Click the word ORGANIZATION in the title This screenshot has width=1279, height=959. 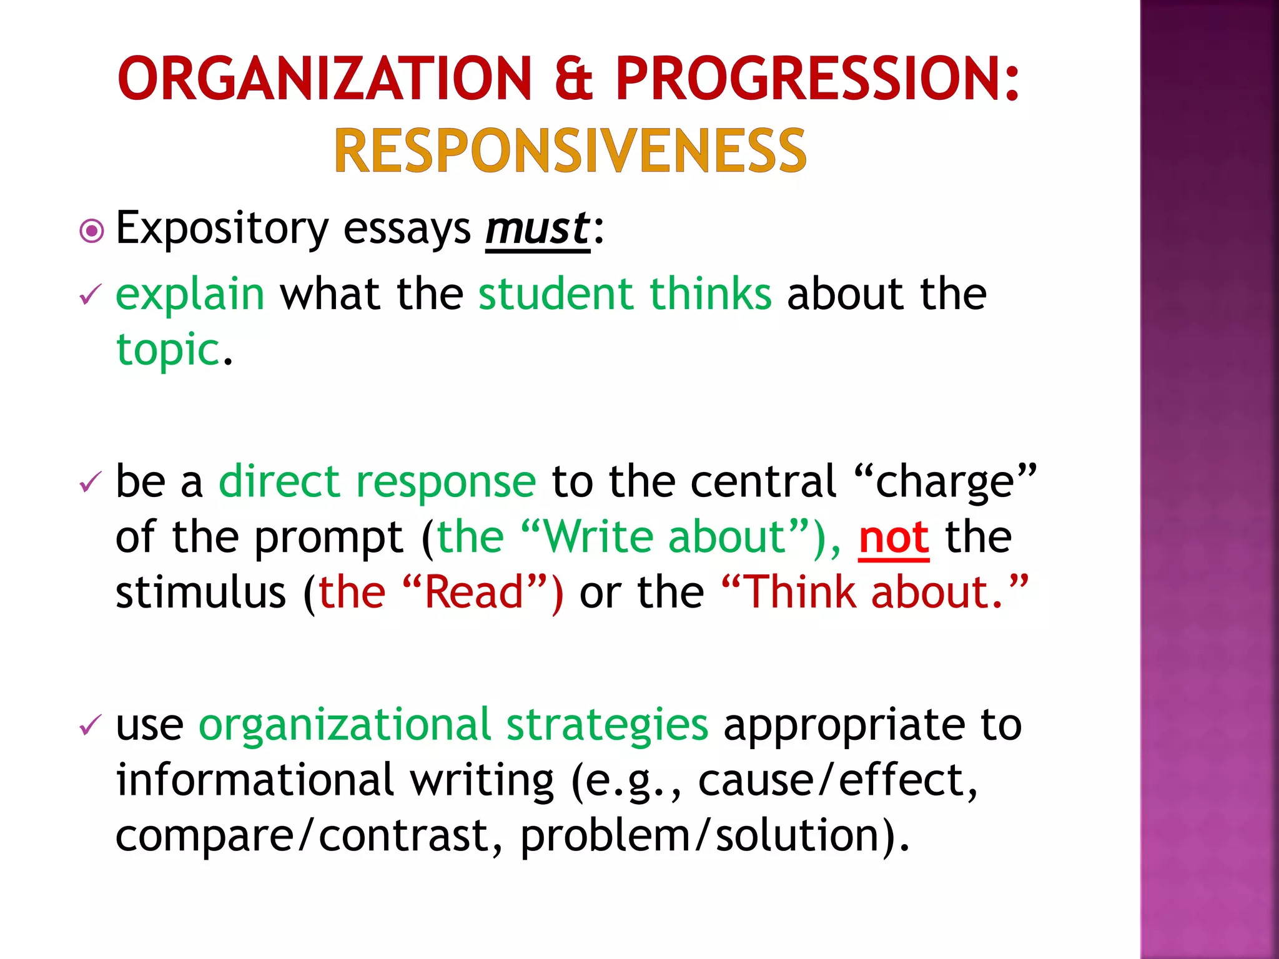(324, 79)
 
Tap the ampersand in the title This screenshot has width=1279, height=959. (573, 79)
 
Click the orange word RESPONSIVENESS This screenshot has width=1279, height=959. (570, 151)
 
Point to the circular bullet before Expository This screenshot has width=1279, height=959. (92, 231)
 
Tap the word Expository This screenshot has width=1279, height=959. (222, 230)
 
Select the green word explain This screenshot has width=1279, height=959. (190, 295)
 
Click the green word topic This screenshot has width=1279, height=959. (167, 350)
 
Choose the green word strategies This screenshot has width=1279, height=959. (607, 727)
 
